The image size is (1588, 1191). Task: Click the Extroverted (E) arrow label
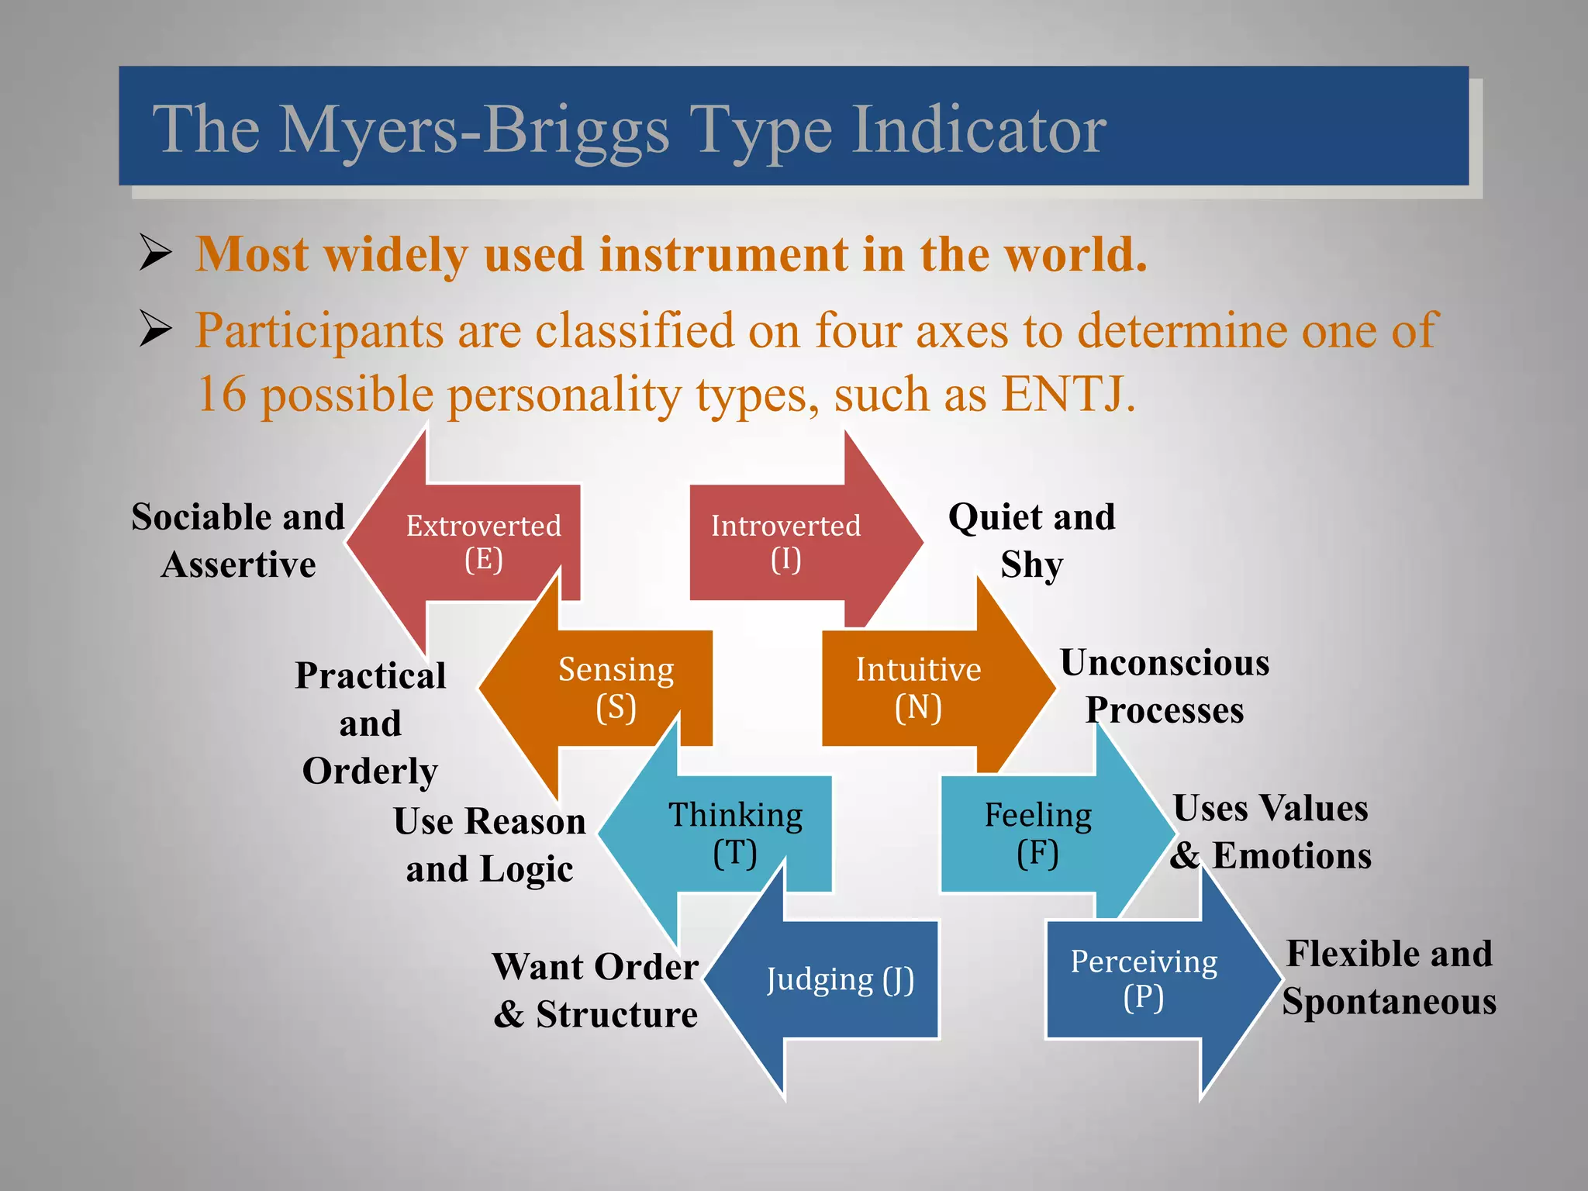pos(483,541)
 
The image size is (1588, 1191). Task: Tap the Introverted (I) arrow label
pos(785,541)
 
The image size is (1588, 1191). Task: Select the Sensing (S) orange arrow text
pos(616,687)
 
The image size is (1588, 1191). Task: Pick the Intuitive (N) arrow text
pos(918,687)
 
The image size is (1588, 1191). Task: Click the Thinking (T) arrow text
pos(735,833)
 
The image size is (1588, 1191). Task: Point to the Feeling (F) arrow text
pos(1037,833)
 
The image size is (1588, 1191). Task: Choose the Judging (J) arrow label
pos(840,979)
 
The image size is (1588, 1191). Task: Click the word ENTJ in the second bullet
pos(1062,395)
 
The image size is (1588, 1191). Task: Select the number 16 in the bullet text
pos(222,395)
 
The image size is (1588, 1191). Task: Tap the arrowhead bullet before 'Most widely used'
pos(155,253)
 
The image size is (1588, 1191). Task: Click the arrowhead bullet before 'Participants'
pos(155,329)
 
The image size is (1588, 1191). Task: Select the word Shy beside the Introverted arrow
pos(1031,564)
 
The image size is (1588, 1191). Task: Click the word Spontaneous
pos(1389,1001)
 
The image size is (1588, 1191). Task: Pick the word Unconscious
pos(1165,663)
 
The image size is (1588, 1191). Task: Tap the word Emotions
pos(1292,856)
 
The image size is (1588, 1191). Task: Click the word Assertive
pos(239,564)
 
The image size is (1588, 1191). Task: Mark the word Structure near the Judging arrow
pos(616,1014)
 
